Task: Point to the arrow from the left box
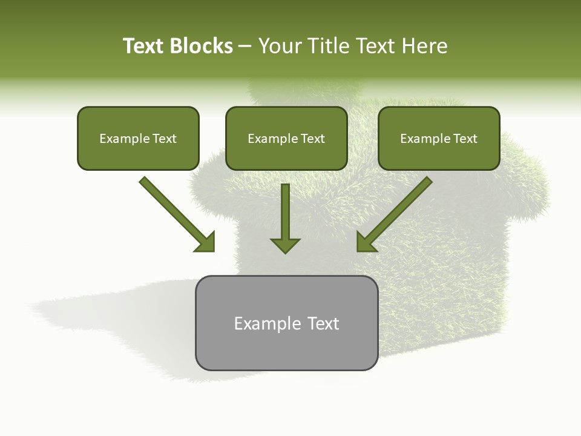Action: [x=176, y=213]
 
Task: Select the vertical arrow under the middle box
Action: [x=285, y=218]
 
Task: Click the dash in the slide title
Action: [x=245, y=46]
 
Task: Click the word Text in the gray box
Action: [x=323, y=323]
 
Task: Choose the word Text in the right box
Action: [x=465, y=139]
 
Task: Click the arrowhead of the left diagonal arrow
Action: [x=206, y=243]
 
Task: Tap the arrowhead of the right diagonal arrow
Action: [x=364, y=243]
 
